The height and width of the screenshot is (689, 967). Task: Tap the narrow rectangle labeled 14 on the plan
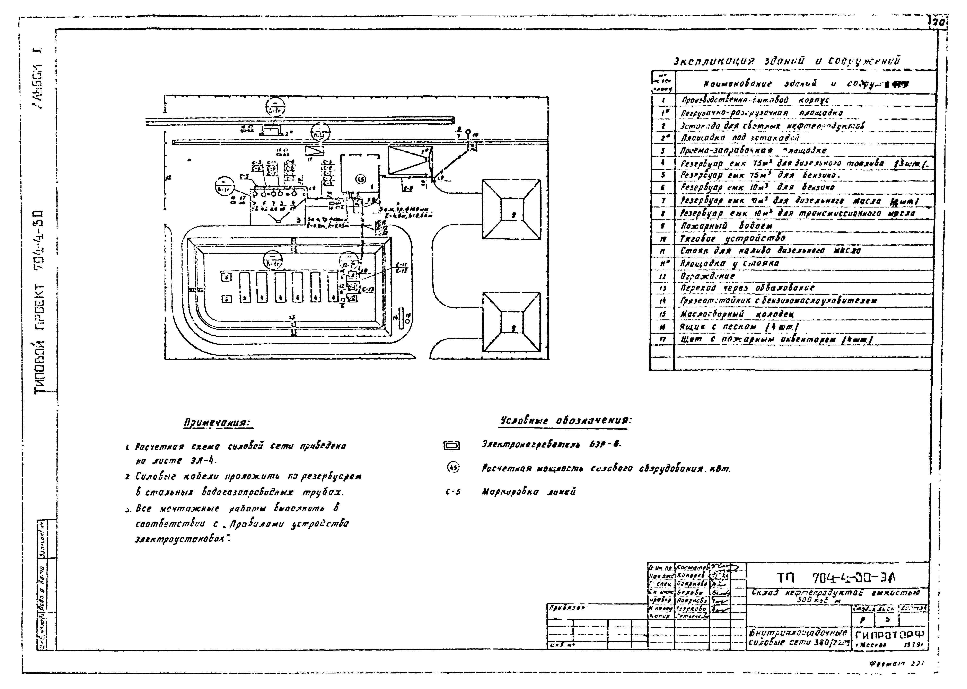coord(401,318)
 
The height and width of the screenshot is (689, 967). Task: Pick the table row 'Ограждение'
coord(701,276)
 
